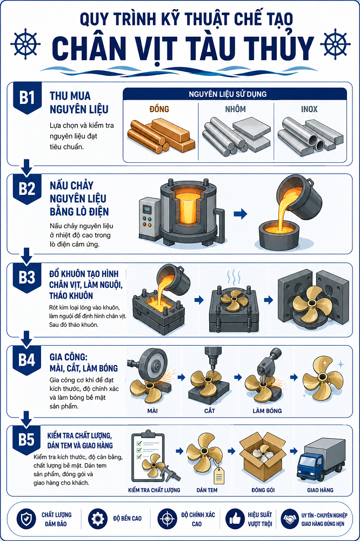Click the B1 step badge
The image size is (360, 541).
click(x=27, y=98)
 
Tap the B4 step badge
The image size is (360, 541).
click(x=27, y=360)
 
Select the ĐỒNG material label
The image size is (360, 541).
click(x=159, y=109)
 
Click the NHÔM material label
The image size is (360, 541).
click(x=236, y=109)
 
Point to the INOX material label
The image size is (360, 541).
click(x=309, y=109)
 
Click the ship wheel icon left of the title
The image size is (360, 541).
click(x=25, y=44)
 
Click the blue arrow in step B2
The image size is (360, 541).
click(x=241, y=214)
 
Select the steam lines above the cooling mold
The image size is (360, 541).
click(x=234, y=277)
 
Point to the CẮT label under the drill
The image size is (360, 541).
click(x=209, y=411)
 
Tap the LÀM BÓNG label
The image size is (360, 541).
click(x=267, y=411)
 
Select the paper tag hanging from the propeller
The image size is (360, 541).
click(x=218, y=476)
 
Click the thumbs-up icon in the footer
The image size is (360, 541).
click(x=235, y=519)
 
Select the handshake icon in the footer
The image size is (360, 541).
click(x=289, y=519)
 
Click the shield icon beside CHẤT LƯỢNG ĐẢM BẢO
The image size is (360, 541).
click(x=26, y=519)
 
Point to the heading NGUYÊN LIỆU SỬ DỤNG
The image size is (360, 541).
click(x=228, y=94)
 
